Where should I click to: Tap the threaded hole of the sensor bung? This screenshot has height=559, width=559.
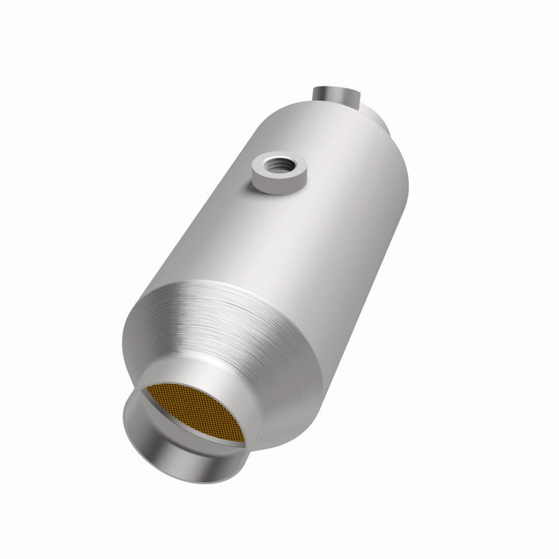(x=276, y=164)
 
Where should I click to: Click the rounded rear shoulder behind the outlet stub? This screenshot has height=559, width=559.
(x=380, y=120)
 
